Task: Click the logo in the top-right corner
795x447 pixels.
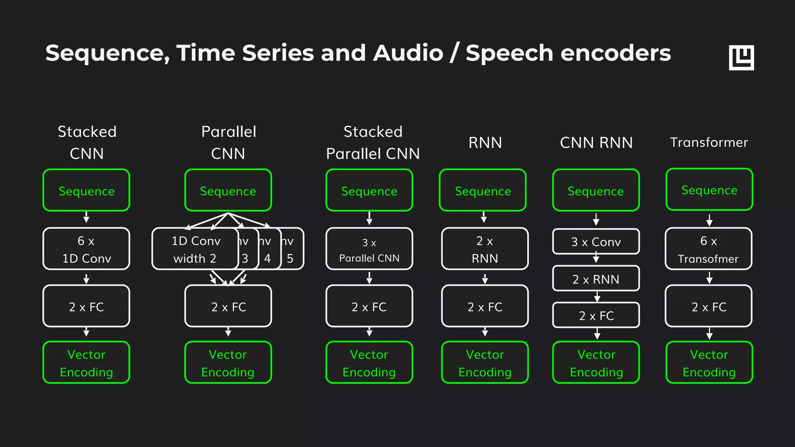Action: pyautogui.click(x=741, y=57)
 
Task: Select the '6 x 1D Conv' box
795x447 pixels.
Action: pyautogui.click(x=86, y=249)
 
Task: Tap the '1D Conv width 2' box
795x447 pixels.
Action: pyautogui.click(x=195, y=249)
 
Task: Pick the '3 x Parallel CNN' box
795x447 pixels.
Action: pyautogui.click(x=369, y=249)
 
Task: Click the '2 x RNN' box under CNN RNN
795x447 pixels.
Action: pyautogui.click(x=596, y=279)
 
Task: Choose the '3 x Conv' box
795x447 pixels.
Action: pyautogui.click(x=596, y=242)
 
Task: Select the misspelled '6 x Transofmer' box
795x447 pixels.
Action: pyautogui.click(x=708, y=249)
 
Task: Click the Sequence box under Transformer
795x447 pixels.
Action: pyautogui.click(x=709, y=190)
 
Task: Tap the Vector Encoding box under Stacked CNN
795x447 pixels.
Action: pyautogui.click(x=86, y=362)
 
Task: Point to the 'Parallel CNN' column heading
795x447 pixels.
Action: pyautogui.click(x=228, y=142)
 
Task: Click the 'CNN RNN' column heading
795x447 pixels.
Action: pyautogui.click(x=596, y=142)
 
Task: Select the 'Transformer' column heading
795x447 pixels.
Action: pyautogui.click(x=709, y=142)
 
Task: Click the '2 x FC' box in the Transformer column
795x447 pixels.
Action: pyautogui.click(x=708, y=306)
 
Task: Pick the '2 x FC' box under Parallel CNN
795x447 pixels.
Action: pyautogui.click(x=228, y=306)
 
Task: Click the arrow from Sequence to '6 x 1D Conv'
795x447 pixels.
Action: pyautogui.click(x=86, y=217)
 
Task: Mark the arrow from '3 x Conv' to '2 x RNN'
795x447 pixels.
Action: pyautogui.click(x=596, y=258)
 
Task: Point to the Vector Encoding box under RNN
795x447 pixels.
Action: pyautogui.click(x=485, y=362)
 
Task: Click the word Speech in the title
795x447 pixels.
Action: pyautogui.click(x=509, y=54)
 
